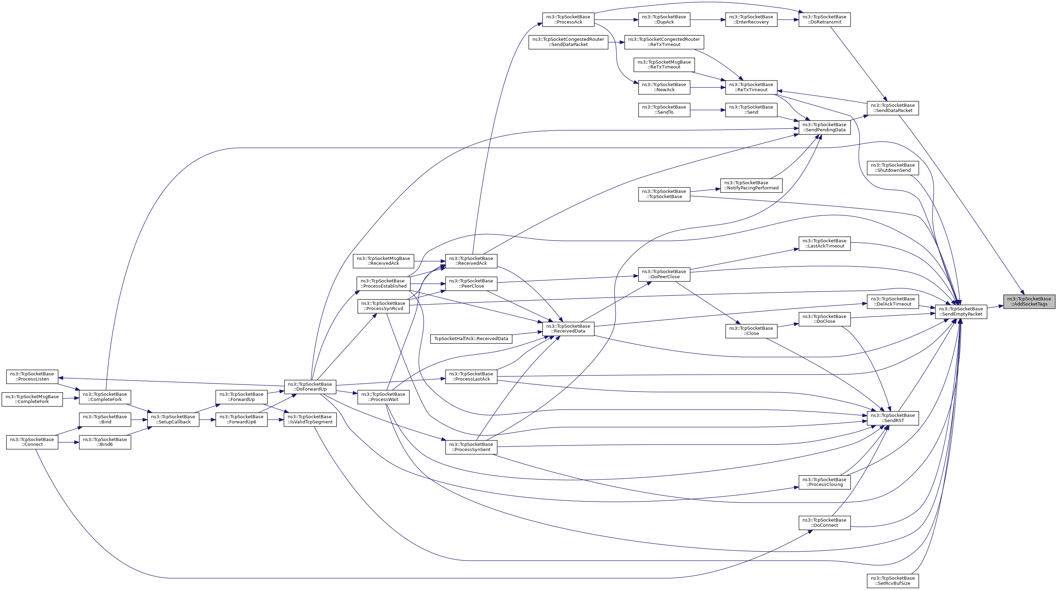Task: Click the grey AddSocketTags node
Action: (x=1029, y=301)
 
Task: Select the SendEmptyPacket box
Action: (x=961, y=311)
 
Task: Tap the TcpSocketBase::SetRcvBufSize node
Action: (x=892, y=581)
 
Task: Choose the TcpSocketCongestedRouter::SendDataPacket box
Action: (x=568, y=42)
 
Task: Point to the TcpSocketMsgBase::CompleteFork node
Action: (x=32, y=399)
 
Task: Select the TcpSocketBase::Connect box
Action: (x=32, y=442)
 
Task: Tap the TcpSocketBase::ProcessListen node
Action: (x=32, y=377)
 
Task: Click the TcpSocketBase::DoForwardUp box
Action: (x=310, y=386)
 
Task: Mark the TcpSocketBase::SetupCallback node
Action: (x=173, y=419)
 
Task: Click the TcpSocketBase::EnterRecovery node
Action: (x=751, y=20)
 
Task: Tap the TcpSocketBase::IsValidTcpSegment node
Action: (x=310, y=419)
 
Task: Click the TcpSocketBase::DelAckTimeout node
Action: (x=892, y=301)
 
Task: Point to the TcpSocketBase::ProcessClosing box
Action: (x=824, y=482)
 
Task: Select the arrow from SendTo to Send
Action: (x=707, y=110)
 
